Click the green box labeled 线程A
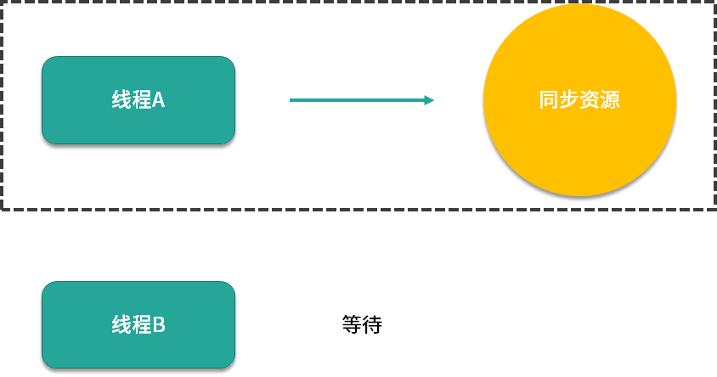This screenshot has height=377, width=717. tap(138, 99)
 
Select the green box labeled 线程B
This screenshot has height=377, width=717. tap(138, 324)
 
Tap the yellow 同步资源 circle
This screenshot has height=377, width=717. tap(579, 100)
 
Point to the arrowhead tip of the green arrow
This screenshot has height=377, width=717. tap(434, 100)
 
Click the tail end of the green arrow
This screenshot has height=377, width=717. tap(291, 100)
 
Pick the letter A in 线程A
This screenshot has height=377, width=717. tap(158, 99)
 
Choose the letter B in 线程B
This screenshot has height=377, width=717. tap(159, 324)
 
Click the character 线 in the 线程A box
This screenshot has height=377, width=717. tap(121, 99)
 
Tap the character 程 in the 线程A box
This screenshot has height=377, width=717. tap(140, 99)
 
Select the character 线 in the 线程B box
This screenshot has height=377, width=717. tap(121, 324)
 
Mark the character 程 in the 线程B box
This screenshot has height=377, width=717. tap(140, 324)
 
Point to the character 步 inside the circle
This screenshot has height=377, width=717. tap(569, 100)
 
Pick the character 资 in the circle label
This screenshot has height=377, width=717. tap(590, 100)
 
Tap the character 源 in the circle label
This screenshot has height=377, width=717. tap(610, 100)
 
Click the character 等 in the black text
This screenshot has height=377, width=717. tap(352, 324)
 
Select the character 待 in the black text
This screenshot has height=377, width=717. tap(372, 324)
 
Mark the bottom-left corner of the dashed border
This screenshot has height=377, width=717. tap(3, 208)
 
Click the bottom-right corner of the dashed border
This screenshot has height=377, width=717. tap(714, 208)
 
